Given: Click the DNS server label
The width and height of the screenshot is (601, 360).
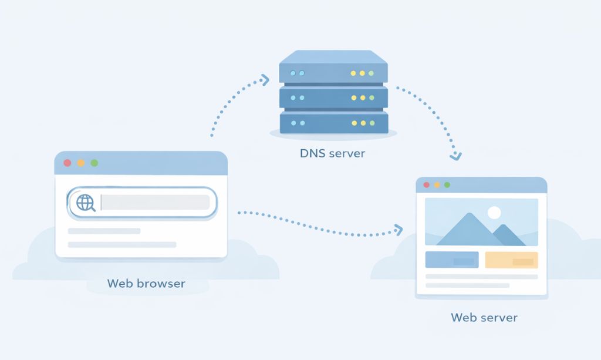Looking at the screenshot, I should [332, 154].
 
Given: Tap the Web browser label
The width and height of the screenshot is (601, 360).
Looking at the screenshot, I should [146, 284].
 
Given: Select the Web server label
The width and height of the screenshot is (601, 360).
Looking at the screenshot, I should [484, 318].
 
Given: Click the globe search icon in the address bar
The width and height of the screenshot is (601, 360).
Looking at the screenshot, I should [86, 203].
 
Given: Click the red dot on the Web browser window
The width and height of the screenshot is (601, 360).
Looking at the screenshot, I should [67, 163].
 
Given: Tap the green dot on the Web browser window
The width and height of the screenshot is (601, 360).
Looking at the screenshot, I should [94, 163].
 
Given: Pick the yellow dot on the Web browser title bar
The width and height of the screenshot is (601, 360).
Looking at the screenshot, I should [81, 163].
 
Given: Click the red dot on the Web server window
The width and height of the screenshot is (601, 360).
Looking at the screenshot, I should [427, 184].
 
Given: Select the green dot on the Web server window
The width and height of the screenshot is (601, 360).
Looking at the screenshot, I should [447, 184].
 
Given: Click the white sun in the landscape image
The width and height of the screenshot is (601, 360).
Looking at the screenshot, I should [494, 213].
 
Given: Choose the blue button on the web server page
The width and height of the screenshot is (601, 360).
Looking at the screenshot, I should [452, 260].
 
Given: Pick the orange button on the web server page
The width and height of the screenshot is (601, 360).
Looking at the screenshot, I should [511, 260].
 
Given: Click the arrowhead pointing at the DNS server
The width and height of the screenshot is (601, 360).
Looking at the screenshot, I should [265, 79].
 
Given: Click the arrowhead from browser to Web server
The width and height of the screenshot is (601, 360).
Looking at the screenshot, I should [399, 229].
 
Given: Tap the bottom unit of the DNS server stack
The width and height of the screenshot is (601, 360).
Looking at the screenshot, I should [333, 123].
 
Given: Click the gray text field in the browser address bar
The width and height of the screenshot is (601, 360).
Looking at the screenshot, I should [155, 203].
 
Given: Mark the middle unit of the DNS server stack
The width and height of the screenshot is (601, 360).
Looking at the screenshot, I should [333, 97].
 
